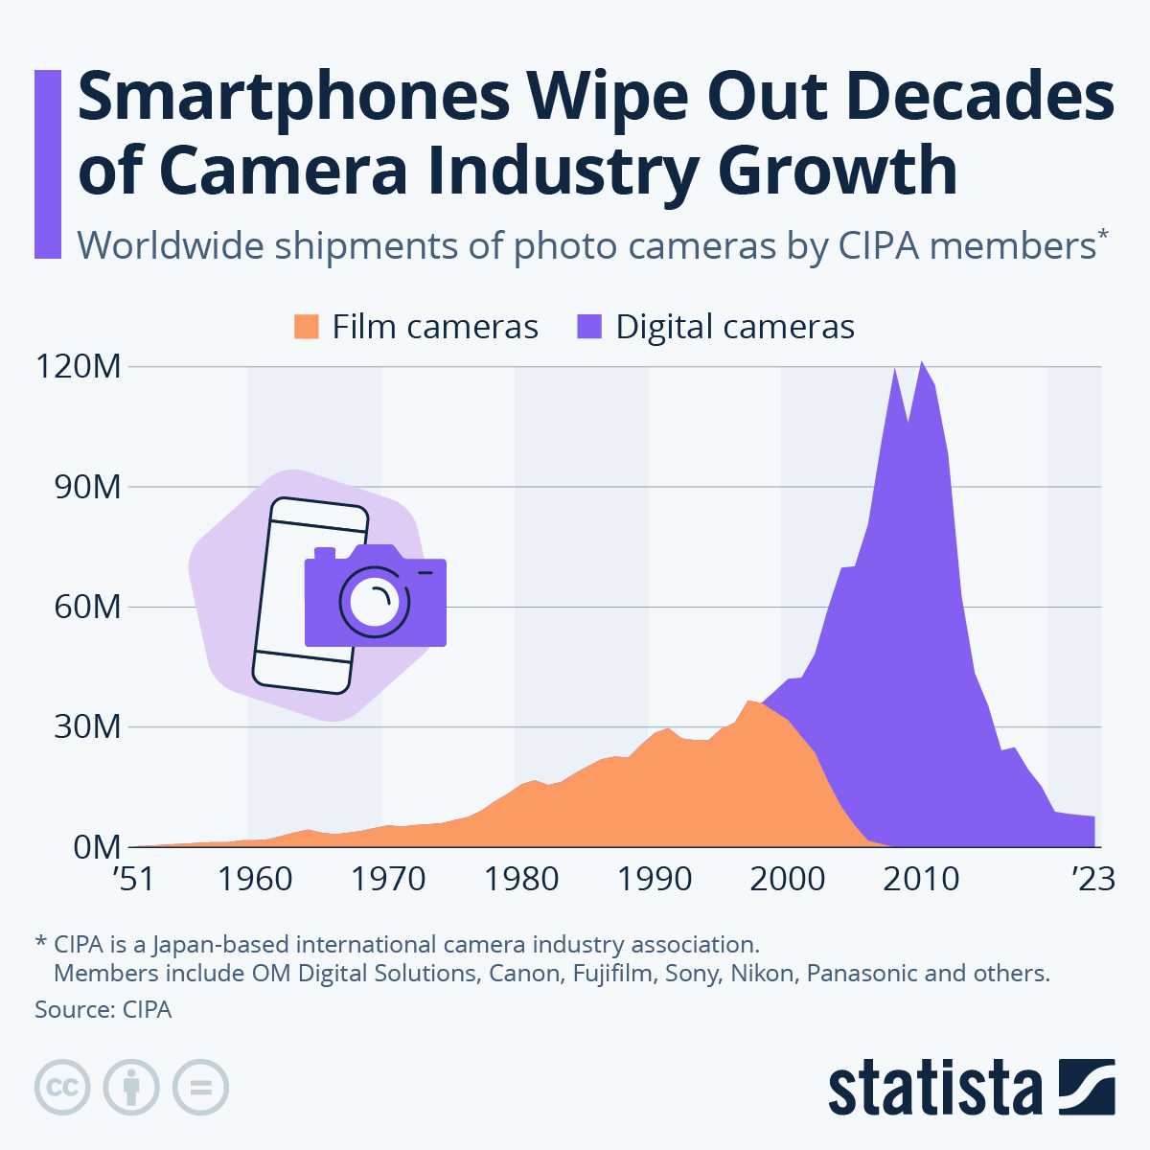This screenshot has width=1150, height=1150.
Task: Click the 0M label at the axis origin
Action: point(95,847)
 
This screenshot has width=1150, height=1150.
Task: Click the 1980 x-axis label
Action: point(520,879)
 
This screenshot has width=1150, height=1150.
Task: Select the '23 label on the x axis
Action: point(1093,879)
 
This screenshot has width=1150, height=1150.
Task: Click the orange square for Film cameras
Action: point(306,327)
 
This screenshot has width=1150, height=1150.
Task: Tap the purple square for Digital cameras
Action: point(588,327)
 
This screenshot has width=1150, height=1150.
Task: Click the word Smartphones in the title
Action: point(292,98)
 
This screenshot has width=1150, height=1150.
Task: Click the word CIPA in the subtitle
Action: point(879,246)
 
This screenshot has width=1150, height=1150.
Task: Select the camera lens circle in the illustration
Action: point(375,602)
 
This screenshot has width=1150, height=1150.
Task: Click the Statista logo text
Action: point(934,1088)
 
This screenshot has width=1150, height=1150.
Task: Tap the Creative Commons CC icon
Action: point(62,1088)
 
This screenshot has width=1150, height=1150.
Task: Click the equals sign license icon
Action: point(200,1088)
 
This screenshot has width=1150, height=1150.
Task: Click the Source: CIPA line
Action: point(103,1009)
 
